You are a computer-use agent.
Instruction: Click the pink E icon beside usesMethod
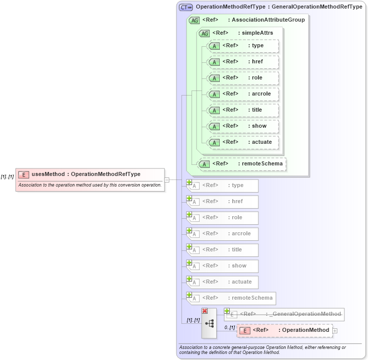23,174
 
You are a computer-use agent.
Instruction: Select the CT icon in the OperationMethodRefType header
186,8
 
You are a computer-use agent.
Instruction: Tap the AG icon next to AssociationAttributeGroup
194,21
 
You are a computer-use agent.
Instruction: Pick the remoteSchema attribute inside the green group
242,163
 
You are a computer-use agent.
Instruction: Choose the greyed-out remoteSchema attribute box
232,298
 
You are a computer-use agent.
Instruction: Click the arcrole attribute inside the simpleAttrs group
243,94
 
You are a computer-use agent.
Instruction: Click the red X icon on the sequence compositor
205,311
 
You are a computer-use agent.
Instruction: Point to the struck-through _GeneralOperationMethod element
285,314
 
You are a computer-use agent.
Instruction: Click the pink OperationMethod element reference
285,330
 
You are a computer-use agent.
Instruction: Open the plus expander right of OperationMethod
335,330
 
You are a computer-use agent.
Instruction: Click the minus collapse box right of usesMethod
167,179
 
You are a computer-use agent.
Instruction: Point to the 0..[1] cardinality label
229,327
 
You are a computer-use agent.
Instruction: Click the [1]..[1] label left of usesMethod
7,176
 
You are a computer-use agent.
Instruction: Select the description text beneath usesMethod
89,185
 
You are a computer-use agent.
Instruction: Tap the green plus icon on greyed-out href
190,199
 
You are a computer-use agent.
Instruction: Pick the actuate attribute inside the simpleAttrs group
243,142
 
